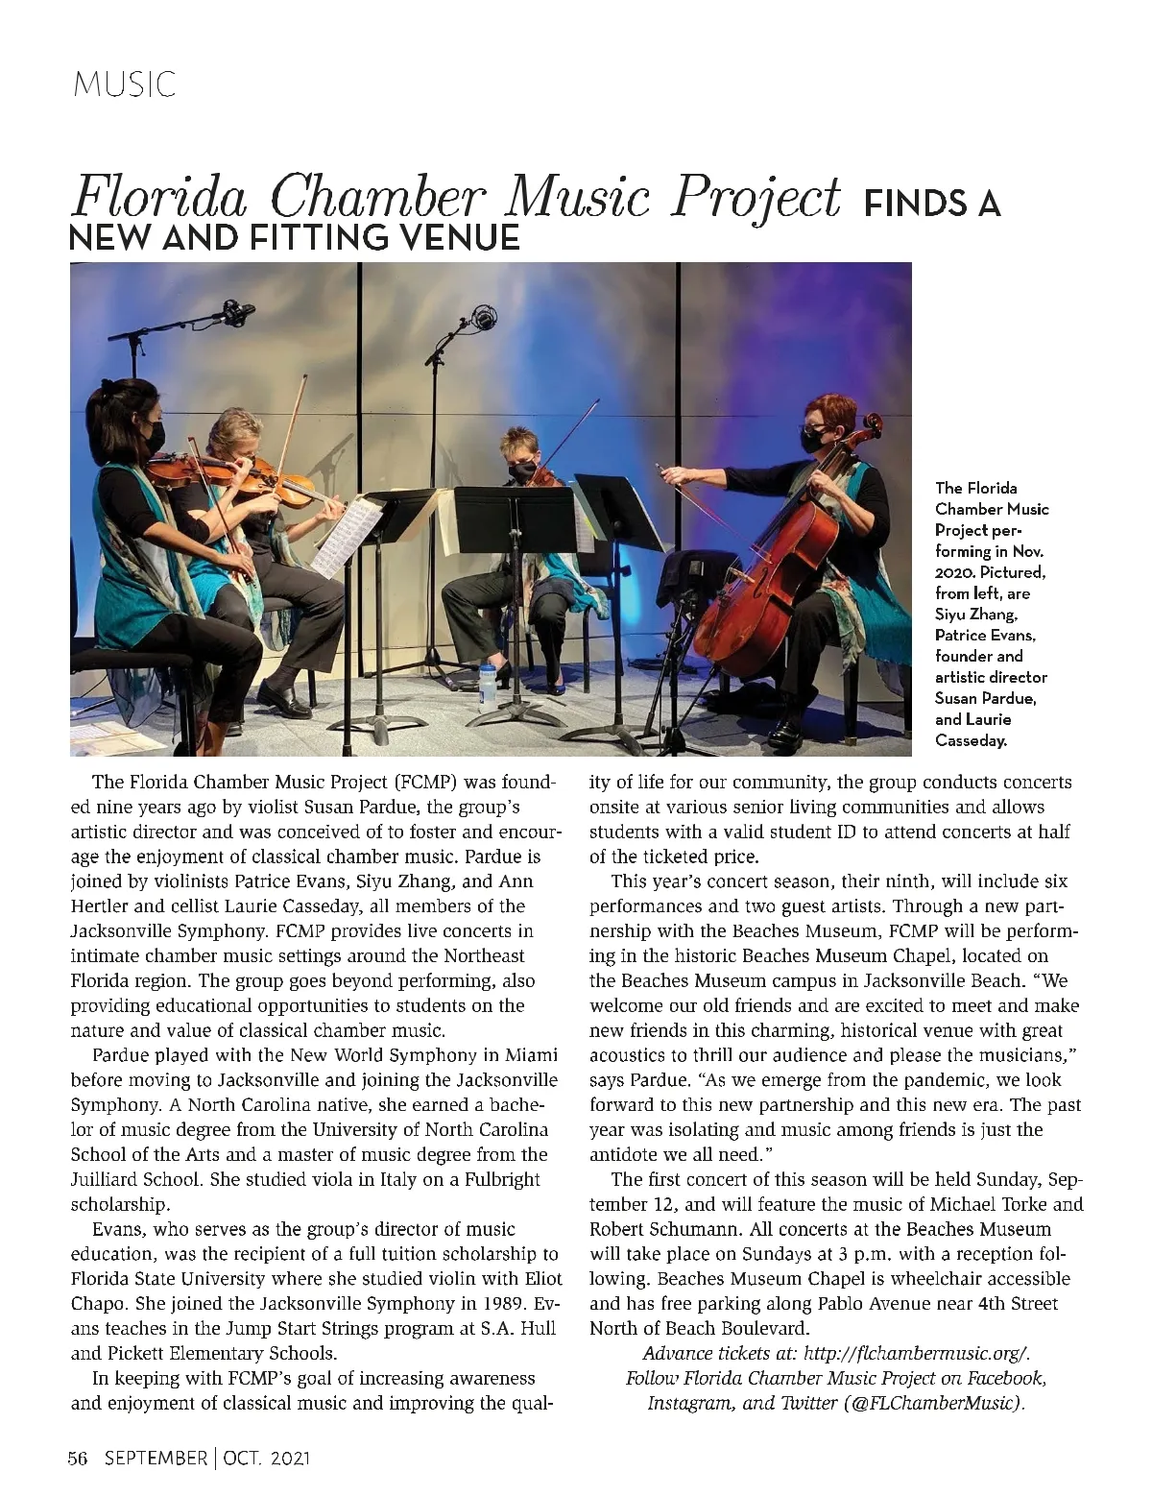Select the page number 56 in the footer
(x=78, y=1459)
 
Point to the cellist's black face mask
(x=814, y=440)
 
